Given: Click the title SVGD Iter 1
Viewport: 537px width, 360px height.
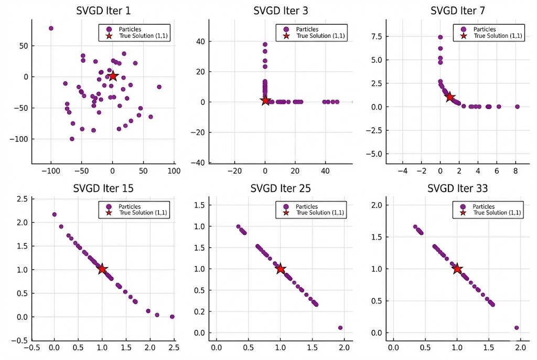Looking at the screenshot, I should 103,10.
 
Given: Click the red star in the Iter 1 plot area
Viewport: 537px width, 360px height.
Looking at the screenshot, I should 113,76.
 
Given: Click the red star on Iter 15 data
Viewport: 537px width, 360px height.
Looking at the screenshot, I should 102,269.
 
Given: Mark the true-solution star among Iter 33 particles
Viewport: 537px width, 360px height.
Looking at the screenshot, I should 457,269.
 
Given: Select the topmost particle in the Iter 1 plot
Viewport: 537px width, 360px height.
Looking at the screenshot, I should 51,28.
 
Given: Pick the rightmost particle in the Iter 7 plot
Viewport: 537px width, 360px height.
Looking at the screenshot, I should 517,106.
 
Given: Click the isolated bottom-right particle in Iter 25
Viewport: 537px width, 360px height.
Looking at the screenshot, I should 340,328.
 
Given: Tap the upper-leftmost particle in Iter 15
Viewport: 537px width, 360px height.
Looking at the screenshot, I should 55,214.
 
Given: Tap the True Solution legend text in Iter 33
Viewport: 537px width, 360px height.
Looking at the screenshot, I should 497,213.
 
